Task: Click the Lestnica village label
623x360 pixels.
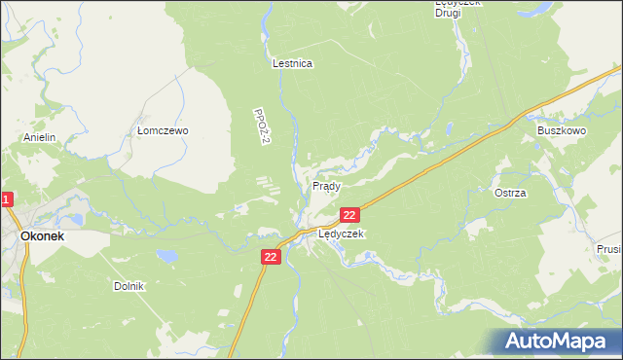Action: click(292, 64)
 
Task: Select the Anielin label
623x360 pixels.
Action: click(42, 138)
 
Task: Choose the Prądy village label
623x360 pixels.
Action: click(326, 185)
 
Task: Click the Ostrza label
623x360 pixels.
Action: click(510, 193)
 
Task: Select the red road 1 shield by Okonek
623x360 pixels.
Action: click(6, 200)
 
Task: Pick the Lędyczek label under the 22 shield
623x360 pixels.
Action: click(341, 234)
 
